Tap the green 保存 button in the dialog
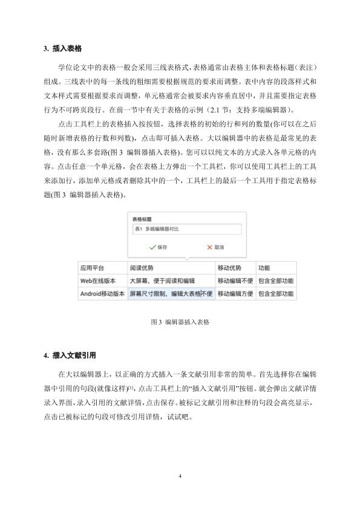pos(158,247)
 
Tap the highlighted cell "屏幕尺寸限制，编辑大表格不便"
pos(171,294)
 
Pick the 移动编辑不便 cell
pos(235,281)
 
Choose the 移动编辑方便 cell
pos(235,294)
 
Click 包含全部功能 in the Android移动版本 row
pos(276,294)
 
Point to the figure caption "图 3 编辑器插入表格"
pos(180,322)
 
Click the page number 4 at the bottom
pos(180,476)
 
